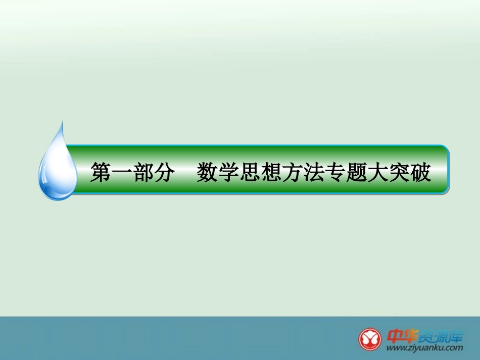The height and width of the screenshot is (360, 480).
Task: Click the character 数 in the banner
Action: click(x=207, y=173)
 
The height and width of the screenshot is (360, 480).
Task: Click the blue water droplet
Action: click(x=57, y=169)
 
